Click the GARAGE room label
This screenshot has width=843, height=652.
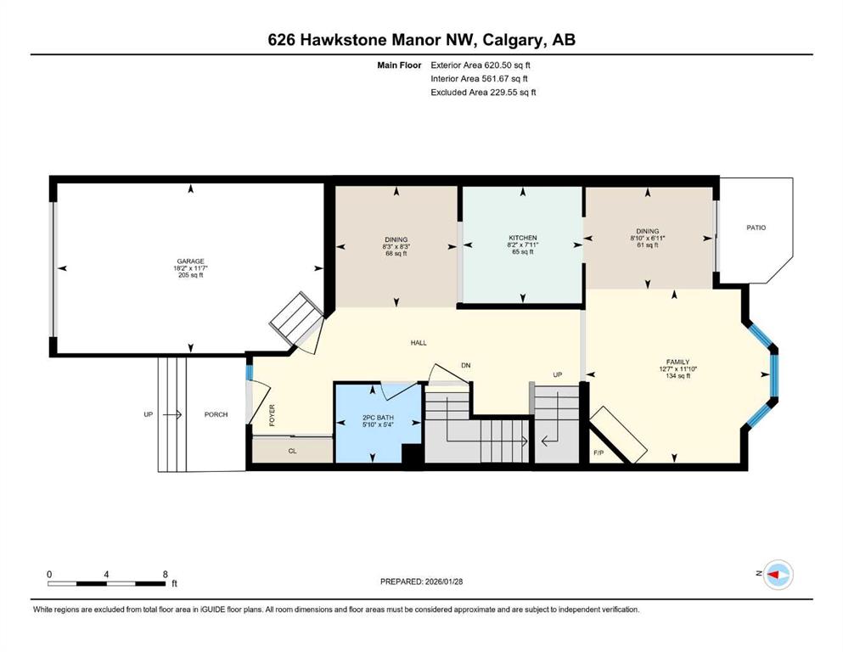pyautogui.click(x=190, y=261)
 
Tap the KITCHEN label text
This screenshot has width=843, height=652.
pyautogui.click(x=523, y=238)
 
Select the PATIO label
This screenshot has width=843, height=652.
pyautogui.click(x=756, y=228)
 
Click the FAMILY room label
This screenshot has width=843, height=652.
pyautogui.click(x=677, y=362)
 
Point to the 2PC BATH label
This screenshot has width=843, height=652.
pyautogui.click(x=378, y=417)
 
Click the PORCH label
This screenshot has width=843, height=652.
pyautogui.click(x=216, y=414)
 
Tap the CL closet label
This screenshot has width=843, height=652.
pyautogui.click(x=293, y=451)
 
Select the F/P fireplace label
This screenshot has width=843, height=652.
pyautogui.click(x=599, y=453)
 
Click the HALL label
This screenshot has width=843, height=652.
pyautogui.click(x=419, y=342)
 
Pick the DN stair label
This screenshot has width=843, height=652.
pyautogui.click(x=465, y=365)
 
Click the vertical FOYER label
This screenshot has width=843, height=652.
pyautogui.click(x=272, y=415)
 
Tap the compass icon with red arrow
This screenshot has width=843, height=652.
pyautogui.click(x=778, y=574)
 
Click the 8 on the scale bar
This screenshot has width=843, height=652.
pyautogui.click(x=165, y=574)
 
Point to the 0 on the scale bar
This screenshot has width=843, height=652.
pyautogui.click(x=49, y=574)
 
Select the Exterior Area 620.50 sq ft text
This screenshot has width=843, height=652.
pyautogui.click(x=481, y=65)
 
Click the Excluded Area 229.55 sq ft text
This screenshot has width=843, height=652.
pyautogui.click(x=483, y=92)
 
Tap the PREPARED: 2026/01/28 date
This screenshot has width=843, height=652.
pyautogui.click(x=421, y=581)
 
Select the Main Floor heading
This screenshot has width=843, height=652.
pyautogui.click(x=399, y=65)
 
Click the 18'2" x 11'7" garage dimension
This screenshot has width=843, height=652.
pyautogui.click(x=190, y=268)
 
